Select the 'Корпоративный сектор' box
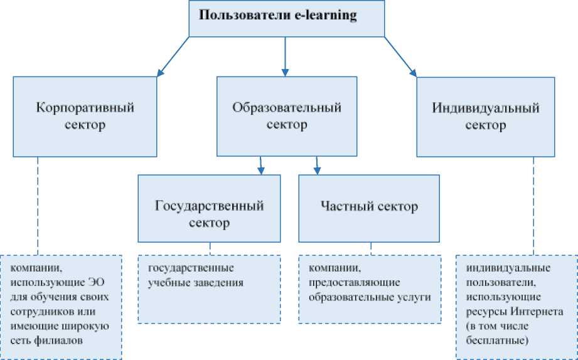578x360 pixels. coord(85,116)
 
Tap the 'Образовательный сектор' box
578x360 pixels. coord(287,116)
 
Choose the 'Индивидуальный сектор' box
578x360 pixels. coord(486,116)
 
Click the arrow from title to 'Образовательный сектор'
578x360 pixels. coord(286,56)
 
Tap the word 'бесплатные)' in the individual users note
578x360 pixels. coord(497,341)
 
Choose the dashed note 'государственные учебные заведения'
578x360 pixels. coord(210,289)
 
